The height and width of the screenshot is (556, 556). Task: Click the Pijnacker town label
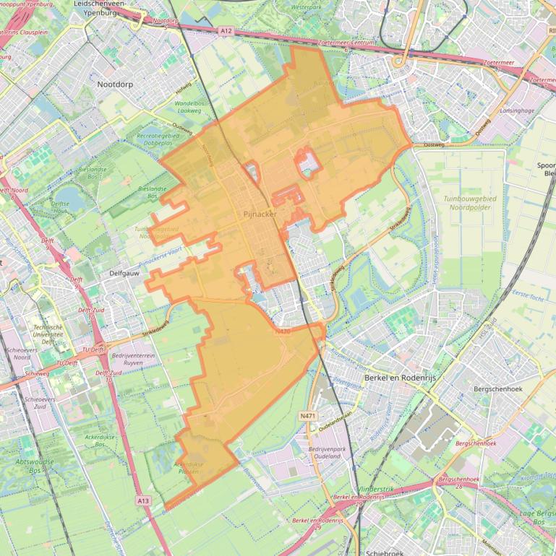[257, 214]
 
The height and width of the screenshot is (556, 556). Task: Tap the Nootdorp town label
[118, 84]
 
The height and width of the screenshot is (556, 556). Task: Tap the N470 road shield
[283, 331]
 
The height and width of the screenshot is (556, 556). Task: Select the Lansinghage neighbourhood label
[516, 110]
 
